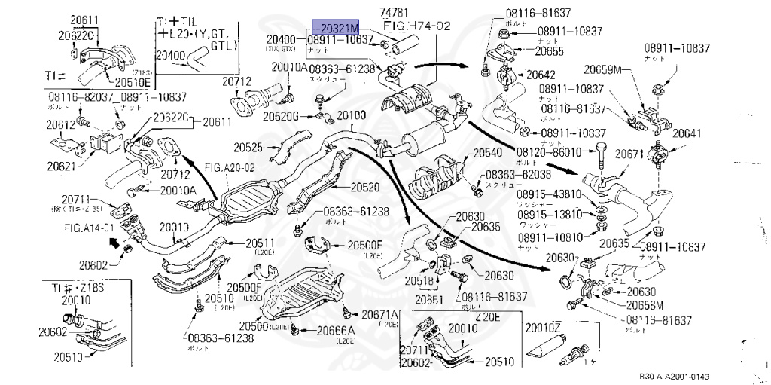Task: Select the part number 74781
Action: [400, 12]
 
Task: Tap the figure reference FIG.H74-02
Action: [417, 25]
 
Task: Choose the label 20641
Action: [687, 133]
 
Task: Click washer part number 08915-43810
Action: [549, 194]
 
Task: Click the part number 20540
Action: [486, 153]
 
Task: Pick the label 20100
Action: [351, 115]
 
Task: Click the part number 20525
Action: [248, 147]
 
